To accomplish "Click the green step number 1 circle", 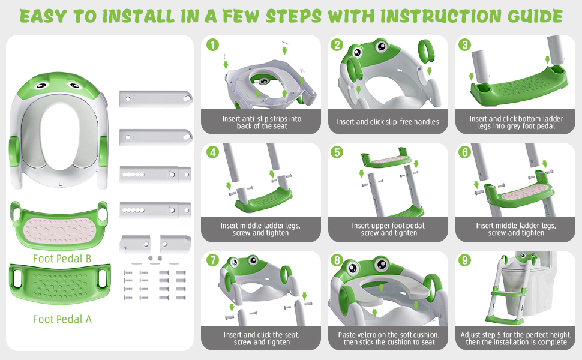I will (x=211, y=45).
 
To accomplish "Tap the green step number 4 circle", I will (x=211, y=153).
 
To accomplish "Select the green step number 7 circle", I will (x=211, y=261).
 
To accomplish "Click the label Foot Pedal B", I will (x=62, y=259).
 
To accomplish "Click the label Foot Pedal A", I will (x=62, y=319).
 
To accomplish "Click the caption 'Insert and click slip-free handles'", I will (x=388, y=122).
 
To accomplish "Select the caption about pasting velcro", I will (x=388, y=338).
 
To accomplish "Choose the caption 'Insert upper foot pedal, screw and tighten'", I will (x=388, y=229).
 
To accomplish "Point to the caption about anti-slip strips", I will (x=262, y=122).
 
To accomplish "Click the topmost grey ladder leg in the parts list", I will (x=154, y=97).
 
